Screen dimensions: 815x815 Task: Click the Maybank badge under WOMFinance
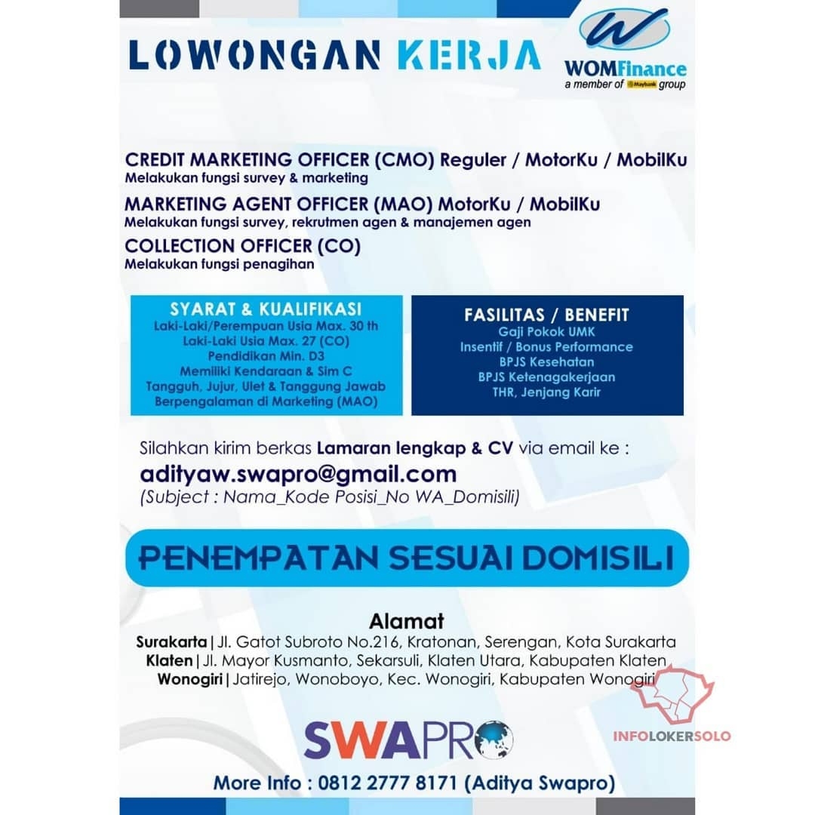pos(641,85)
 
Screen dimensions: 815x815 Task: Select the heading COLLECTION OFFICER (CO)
pos(243,246)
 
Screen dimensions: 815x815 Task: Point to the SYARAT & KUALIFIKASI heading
pos(266,309)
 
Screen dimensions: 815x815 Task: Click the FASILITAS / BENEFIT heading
pos(547,315)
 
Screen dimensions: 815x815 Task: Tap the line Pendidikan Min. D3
pos(266,355)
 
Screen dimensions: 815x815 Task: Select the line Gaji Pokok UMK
pos(547,332)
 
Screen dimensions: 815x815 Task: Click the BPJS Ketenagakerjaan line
pos(547,377)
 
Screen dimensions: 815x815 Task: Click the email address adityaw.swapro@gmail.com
pos(298,474)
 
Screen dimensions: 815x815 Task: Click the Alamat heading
pos(407,622)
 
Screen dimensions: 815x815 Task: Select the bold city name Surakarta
pos(171,643)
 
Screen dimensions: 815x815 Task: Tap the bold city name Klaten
pos(170,661)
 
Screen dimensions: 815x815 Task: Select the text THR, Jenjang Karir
pos(547,392)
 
